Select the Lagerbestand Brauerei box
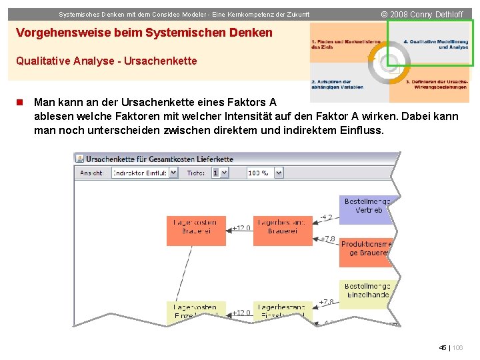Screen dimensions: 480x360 [x=282, y=227]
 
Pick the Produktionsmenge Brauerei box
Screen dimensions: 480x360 [x=366, y=249]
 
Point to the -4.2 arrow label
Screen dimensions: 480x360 [x=326, y=217]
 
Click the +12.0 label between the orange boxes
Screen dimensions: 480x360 [x=241, y=228]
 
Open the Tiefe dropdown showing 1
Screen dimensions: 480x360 [x=219, y=173]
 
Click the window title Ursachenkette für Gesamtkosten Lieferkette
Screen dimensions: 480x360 [x=160, y=159]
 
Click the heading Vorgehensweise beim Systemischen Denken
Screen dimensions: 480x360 [x=144, y=33]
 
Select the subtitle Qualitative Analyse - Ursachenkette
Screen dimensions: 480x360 [x=107, y=61]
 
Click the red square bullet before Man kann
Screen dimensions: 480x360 [x=20, y=103]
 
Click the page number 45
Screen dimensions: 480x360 [x=443, y=348]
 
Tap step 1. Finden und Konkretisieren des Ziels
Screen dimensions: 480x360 [x=345, y=45]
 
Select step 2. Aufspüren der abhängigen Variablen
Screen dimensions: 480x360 [x=337, y=85]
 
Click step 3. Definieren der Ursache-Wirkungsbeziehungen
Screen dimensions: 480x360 [x=437, y=85]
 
